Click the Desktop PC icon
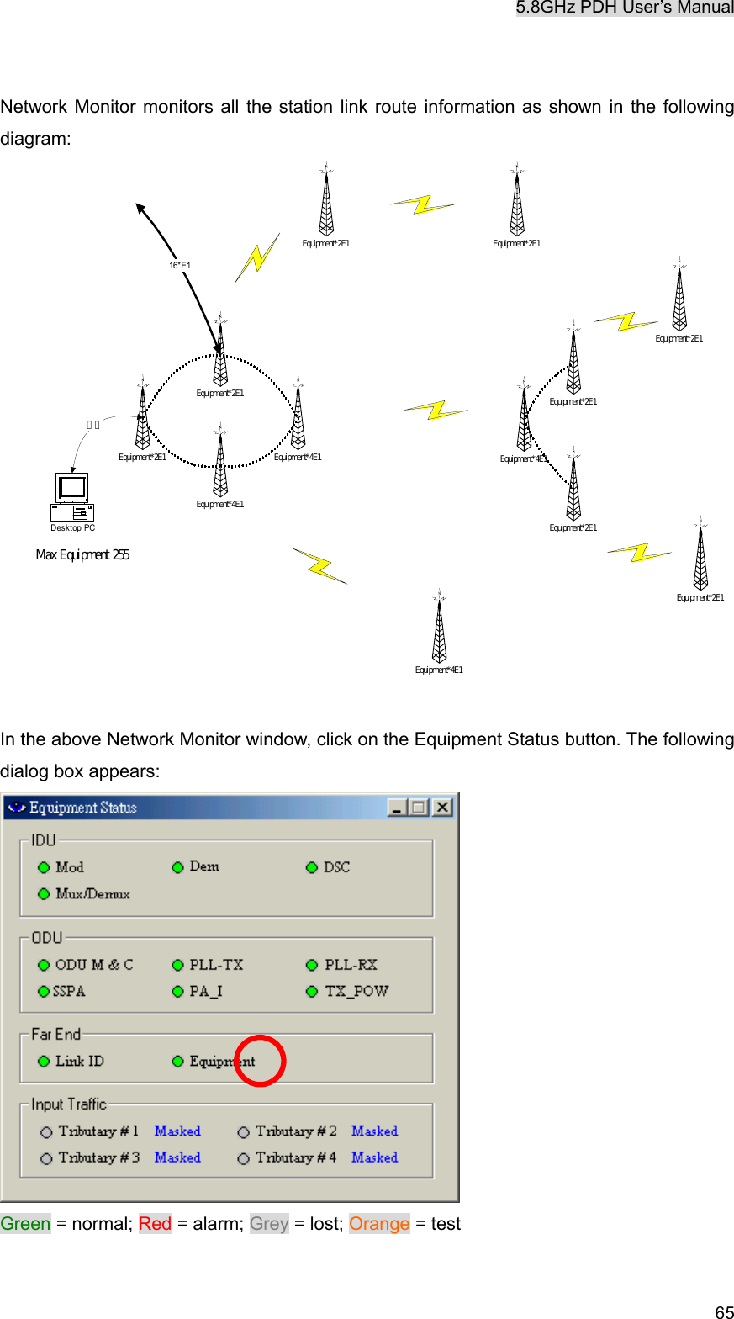click(x=72, y=497)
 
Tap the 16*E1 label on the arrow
click(x=179, y=266)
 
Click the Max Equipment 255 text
click(x=82, y=555)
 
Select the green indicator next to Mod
click(x=44, y=867)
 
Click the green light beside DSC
click(x=312, y=867)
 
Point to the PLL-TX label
click(x=216, y=965)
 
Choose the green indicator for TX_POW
click(x=312, y=992)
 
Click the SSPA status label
click(x=69, y=992)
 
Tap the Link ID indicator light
click(x=44, y=1062)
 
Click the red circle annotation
click(x=260, y=1061)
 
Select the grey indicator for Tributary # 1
click(x=46, y=1132)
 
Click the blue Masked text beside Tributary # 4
click(x=374, y=1157)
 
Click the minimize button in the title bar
click(x=397, y=808)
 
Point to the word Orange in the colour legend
click(x=379, y=1224)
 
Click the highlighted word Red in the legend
click(x=155, y=1224)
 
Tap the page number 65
click(x=724, y=1311)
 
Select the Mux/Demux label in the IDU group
click(x=92, y=893)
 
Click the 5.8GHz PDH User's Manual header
click(x=625, y=8)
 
